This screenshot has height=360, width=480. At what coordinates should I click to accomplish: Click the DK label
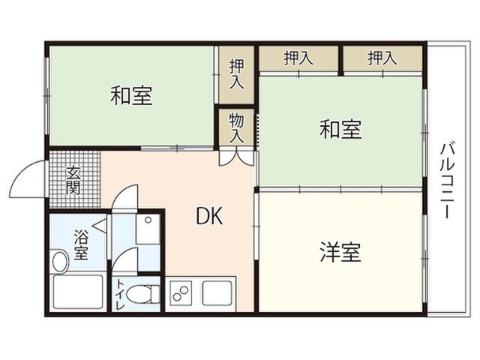[x=209, y=216]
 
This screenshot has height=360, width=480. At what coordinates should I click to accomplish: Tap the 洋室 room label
[x=340, y=252]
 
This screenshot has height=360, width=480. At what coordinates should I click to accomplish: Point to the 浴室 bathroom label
[x=81, y=244]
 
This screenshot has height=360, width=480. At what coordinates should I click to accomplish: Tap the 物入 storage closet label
[x=236, y=127]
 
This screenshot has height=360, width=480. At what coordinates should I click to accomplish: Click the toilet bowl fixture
[x=143, y=295]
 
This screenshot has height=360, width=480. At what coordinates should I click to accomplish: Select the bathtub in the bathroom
[x=78, y=292]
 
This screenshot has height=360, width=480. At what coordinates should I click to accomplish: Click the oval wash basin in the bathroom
[x=60, y=261]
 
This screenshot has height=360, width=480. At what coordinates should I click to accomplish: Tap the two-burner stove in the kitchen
[x=180, y=294]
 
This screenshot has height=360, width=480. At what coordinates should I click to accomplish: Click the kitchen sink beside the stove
[x=217, y=293]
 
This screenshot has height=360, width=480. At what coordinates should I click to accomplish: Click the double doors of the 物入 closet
[x=236, y=157]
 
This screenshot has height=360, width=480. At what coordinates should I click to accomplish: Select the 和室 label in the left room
[x=131, y=96]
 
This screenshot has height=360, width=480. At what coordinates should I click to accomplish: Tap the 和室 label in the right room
[x=340, y=129]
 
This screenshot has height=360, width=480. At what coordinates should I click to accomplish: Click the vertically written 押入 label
[x=237, y=74]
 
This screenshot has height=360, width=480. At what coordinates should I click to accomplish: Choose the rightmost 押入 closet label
[x=382, y=58]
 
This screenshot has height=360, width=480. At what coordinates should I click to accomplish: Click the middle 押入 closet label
[x=298, y=58]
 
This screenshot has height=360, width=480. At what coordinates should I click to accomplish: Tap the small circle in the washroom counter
[x=148, y=220]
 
